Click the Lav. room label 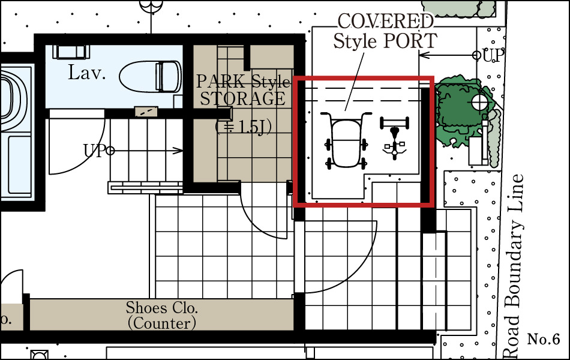(87, 72)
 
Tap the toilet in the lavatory (151, 77)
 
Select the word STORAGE (243, 98)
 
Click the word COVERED (386, 22)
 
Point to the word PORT (409, 41)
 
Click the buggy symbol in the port (346, 141)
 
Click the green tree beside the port (463, 111)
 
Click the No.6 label (544, 339)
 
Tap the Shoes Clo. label (162, 308)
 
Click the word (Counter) (162, 323)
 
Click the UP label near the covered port (493, 56)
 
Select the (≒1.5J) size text (243, 127)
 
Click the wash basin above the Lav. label (71, 51)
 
